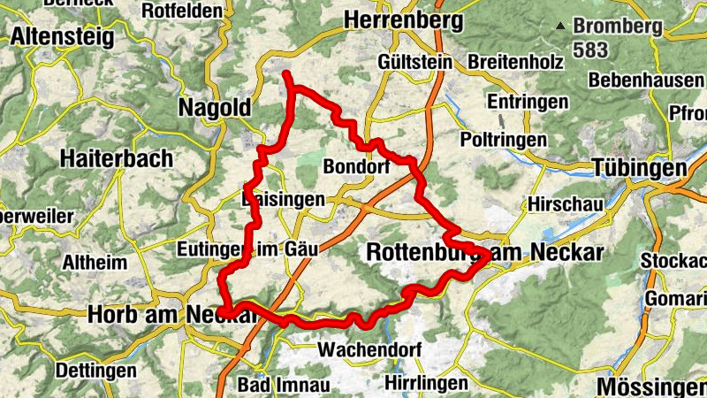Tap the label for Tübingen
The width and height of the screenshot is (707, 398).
click(x=639, y=168)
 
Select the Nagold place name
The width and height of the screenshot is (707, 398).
click(x=215, y=107)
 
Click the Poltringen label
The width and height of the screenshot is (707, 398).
click(x=503, y=140)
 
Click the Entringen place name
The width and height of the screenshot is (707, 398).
click(x=527, y=102)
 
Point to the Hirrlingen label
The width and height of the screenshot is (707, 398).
click(x=426, y=383)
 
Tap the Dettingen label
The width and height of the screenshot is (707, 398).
click(x=96, y=369)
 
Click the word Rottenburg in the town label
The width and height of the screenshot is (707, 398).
click(x=422, y=253)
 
